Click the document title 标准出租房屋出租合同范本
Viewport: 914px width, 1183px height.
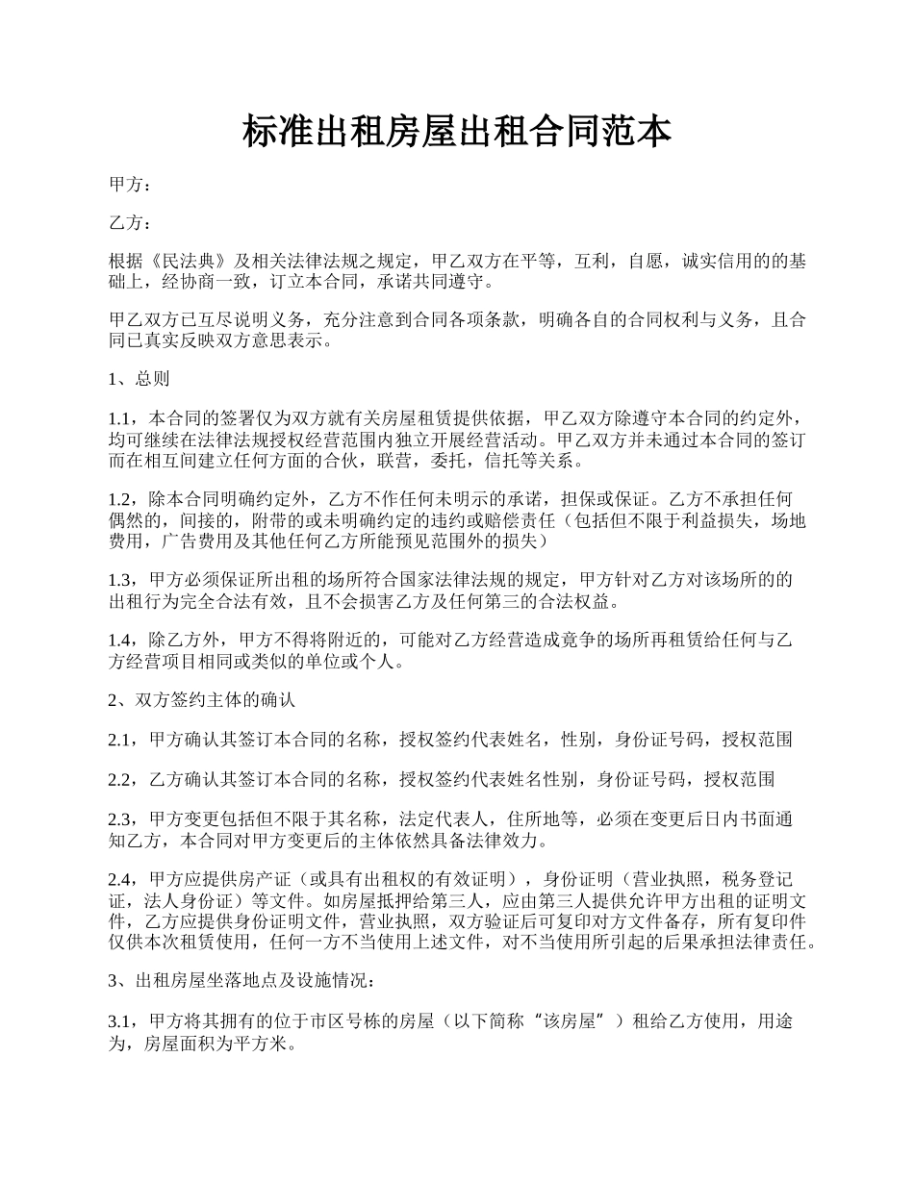point(456,133)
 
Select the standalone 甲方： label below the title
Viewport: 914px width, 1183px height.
point(130,185)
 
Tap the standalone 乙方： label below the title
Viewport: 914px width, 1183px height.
point(130,223)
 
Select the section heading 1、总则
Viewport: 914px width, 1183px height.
point(140,379)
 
